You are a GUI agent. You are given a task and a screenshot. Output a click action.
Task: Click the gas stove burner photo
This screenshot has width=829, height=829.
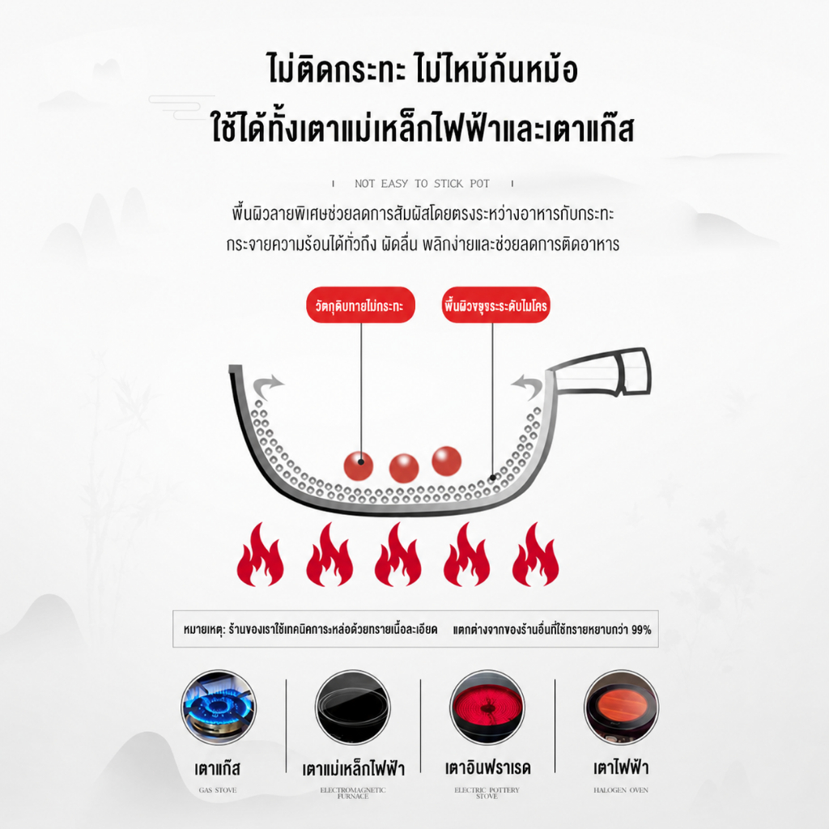(219, 708)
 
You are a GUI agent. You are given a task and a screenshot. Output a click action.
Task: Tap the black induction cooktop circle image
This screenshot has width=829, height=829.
(353, 708)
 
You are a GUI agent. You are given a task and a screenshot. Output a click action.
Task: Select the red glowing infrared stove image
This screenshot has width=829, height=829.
(487, 708)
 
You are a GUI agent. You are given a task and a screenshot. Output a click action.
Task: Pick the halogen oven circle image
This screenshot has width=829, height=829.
(621, 708)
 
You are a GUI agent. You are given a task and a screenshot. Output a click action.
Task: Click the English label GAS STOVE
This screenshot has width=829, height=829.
(218, 790)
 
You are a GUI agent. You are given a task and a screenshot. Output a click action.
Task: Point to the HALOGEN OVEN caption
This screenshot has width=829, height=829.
(621, 790)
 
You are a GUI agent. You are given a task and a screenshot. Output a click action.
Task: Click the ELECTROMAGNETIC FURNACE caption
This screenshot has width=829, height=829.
(353, 793)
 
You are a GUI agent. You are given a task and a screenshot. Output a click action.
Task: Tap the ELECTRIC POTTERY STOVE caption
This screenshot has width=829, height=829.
(487, 793)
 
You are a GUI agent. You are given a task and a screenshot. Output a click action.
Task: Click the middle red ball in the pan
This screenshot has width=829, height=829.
(404, 469)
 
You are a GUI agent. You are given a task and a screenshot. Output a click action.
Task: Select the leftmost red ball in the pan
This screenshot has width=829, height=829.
(359, 466)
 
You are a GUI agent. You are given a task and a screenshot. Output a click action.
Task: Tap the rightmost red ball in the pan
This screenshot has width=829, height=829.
(447, 461)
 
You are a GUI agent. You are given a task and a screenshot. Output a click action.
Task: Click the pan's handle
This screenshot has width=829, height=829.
(600, 372)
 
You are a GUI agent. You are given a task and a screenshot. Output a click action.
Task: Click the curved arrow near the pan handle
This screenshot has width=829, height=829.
(527, 388)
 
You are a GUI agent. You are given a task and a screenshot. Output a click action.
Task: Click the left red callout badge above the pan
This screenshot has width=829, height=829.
(360, 305)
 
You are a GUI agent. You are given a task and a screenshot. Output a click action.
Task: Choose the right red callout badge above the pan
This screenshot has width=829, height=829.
(496, 305)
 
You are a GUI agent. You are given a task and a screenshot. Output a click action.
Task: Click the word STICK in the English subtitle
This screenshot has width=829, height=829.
(449, 184)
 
